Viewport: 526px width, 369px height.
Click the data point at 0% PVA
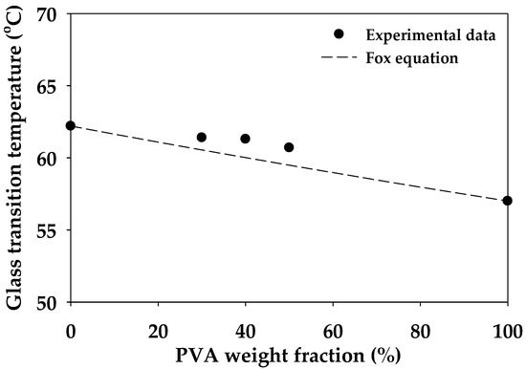coord(71,126)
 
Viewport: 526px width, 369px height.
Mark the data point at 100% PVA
coord(507,201)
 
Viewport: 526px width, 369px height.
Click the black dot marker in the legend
coord(339,34)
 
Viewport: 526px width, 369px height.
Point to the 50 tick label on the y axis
coord(48,302)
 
